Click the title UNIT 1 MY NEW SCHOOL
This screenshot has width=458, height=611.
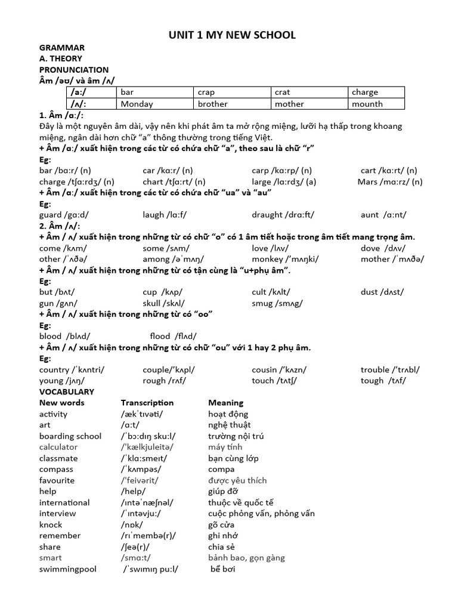[232, 35]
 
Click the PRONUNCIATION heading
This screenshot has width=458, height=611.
[74, 70]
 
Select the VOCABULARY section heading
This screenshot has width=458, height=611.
[67, 391]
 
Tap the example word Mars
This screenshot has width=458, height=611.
[368, 181]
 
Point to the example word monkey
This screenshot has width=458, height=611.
[268, 259]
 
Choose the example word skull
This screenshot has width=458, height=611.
[153, 303]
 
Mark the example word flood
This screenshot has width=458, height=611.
[160, 337]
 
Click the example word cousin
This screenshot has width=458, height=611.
[264, 369]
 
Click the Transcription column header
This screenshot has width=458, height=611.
[147, 403]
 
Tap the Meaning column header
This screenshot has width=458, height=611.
[226, 403]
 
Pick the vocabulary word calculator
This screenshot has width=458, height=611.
[58, 447]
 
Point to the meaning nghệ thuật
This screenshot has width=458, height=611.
[230, 425]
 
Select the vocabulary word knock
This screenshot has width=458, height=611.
[51, 524]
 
